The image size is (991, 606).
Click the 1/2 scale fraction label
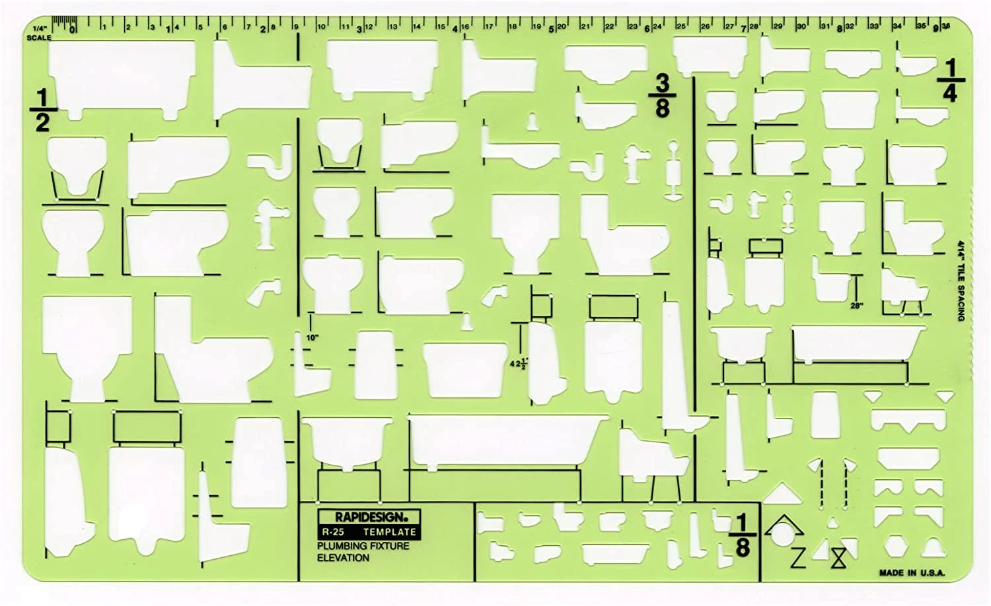(42, 110)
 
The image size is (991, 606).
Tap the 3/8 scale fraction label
(662, 96)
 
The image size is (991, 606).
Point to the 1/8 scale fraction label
(743, 535)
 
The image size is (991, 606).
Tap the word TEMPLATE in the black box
(389, 531)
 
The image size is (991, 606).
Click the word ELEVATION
(343, 558)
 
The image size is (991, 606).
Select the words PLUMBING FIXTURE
(363, 546)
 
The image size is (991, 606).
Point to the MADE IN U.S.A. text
(912, 573)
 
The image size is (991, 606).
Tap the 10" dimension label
(312, 337)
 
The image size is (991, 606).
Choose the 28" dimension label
(856, 306)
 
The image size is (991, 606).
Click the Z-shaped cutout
(797, 558)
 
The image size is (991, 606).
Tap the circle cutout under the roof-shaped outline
(785, 534)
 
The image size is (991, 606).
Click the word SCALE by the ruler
(39, 38)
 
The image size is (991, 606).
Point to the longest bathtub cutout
(505, 441)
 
